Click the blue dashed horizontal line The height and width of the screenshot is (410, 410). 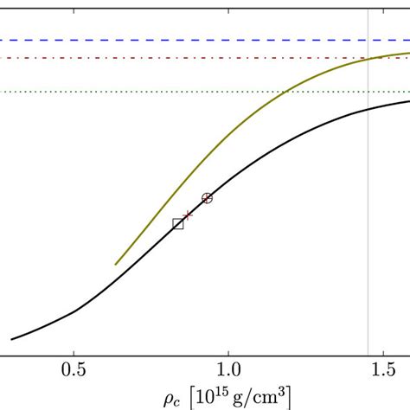(173, 40)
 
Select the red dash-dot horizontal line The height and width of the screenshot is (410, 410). (173, 58)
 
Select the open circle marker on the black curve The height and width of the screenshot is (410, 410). (207, 198)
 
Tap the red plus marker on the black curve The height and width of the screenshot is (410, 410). (187, 215)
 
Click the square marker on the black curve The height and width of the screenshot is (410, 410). (178, 224)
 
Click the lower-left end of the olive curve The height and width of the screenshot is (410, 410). (116, 264)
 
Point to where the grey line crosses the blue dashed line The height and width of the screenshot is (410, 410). (368, 40)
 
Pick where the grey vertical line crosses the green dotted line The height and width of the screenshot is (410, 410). (368, 92)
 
